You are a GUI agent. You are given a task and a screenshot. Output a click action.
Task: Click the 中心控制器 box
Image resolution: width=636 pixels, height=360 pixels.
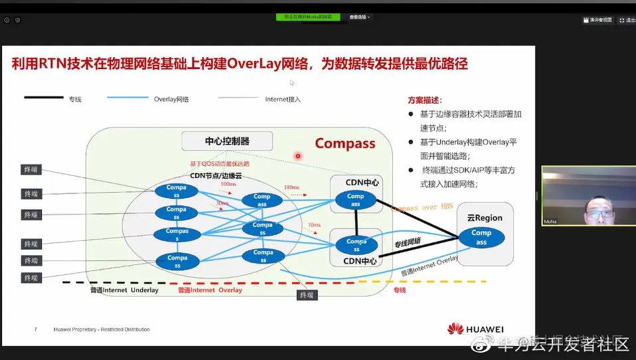pos(227,141)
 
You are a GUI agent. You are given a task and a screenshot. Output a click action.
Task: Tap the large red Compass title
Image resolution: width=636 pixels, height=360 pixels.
pos(345,143)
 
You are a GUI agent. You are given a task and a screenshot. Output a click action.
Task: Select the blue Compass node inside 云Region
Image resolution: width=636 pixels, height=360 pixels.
pos(481,237)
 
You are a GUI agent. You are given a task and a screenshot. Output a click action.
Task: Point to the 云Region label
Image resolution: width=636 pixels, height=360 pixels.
pos(485,218)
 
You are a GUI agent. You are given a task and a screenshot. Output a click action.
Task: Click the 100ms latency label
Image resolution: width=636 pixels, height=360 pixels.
pos(228,184)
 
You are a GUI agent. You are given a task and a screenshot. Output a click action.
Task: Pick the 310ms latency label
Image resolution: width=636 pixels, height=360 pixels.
pos(291,187)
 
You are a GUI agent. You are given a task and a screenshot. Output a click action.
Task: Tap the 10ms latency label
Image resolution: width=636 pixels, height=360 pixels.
pos(314,225)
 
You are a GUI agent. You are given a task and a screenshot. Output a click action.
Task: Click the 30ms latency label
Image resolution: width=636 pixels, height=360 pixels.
pos(222,203)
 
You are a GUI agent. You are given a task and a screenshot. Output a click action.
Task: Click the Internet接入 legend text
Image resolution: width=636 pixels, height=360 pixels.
pos(283,99)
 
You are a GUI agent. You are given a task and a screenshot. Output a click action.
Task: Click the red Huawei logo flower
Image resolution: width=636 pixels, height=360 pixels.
pos(455,329)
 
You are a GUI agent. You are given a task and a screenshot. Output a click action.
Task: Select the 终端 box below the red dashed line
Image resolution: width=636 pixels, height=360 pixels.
pos(306,295)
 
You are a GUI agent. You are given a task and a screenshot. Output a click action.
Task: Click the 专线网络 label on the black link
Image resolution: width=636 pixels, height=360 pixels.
pos(408,242)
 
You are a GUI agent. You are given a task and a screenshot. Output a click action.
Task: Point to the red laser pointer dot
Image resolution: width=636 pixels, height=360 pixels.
pos(298,156)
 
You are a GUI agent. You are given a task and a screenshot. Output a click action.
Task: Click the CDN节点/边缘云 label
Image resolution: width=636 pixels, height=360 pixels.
pos(217,175)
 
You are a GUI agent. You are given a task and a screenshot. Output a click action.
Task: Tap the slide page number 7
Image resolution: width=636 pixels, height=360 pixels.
pos(36,329)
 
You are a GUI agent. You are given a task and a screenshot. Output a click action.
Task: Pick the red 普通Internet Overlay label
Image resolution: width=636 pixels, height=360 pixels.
pos(210,290)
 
